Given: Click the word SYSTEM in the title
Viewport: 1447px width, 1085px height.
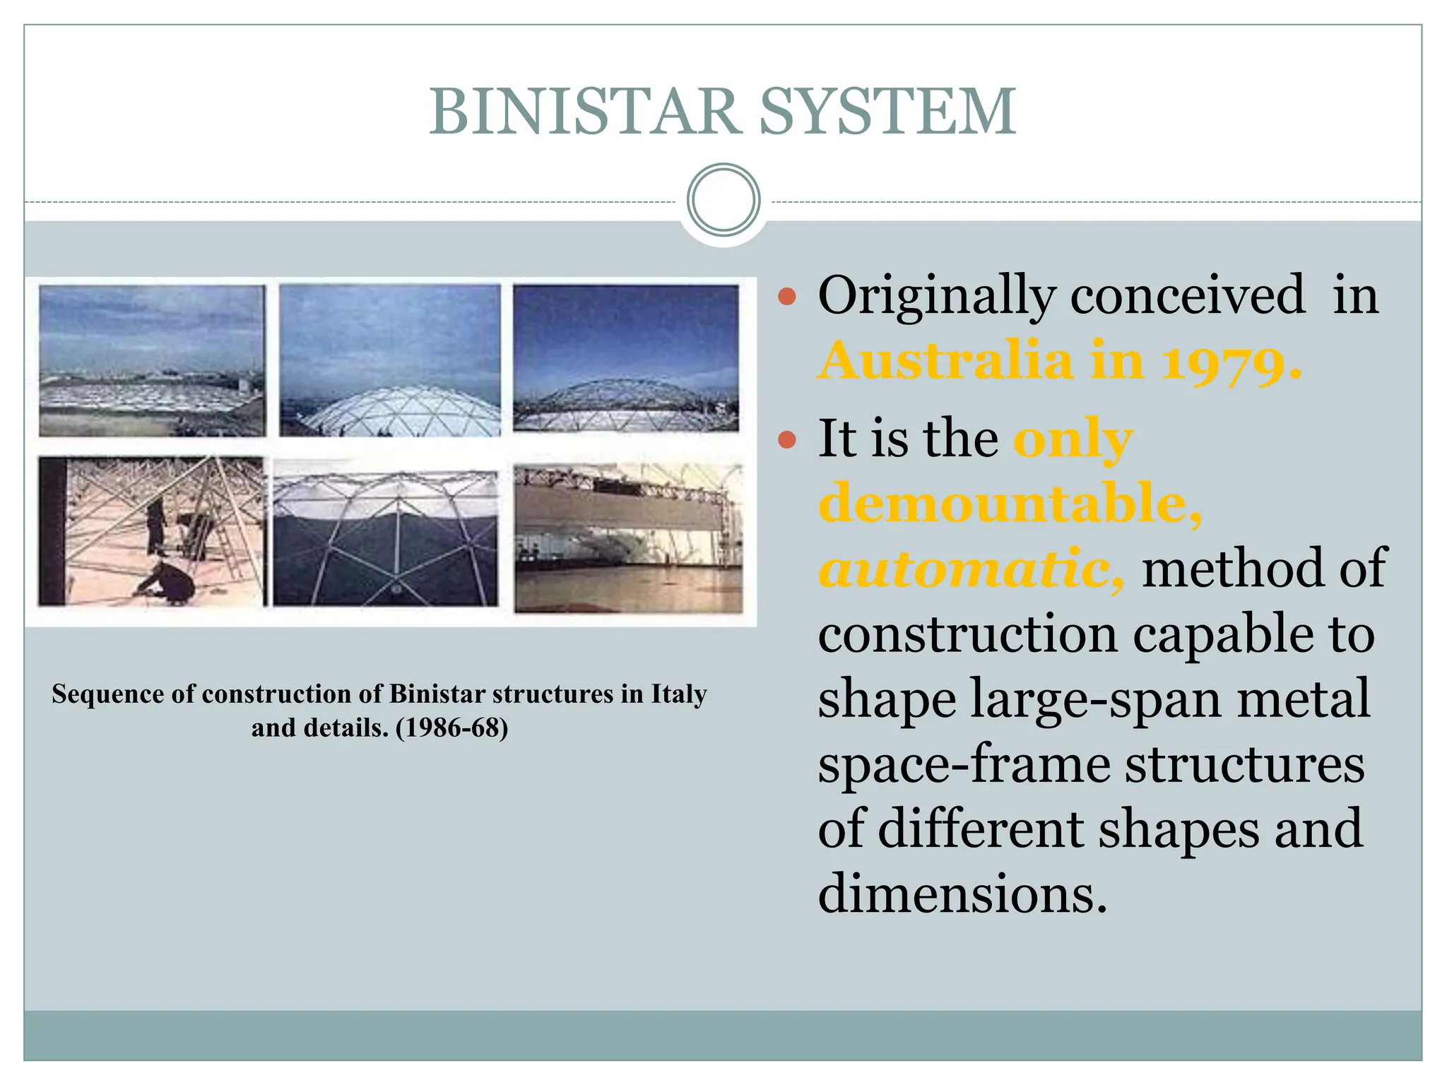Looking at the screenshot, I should [x=888, y=112].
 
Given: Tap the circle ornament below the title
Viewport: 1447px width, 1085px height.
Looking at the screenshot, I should [x=723, y=200].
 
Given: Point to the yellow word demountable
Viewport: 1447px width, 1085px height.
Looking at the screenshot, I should [x=1009, y=503].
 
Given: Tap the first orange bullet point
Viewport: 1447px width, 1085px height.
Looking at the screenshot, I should [x=786, y=297].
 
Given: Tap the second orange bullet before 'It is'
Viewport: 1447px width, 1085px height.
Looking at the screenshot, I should [x=786, y=441].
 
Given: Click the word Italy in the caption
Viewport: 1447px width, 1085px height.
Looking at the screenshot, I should [x=678, y=694].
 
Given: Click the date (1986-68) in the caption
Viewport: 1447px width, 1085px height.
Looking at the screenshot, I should [x=452, y=728].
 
